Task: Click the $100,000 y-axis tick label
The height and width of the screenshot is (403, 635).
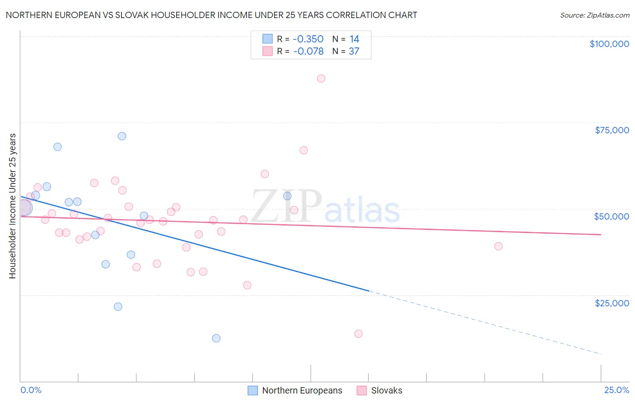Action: [x=609, y=44]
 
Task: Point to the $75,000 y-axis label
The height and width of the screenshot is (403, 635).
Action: [x=612, y=130]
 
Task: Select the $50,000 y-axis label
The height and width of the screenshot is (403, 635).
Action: [x=611, y=216]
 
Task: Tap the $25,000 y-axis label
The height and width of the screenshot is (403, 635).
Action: [x=612, y=303]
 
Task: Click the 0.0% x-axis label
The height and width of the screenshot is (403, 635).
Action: [x=31, y=390]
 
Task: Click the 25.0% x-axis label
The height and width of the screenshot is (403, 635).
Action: [x=616, y=390]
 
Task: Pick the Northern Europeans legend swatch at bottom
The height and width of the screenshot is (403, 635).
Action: [x=253, y=390]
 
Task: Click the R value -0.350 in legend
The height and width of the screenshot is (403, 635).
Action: [x=308, y=39]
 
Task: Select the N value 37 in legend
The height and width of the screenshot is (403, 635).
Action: [x=354, y=52]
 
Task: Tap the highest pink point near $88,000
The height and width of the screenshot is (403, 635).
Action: [x=321, y=79]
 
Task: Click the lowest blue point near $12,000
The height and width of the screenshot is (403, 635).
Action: [x=216, y=338]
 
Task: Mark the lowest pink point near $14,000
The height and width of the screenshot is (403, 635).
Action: [x=359, y=334]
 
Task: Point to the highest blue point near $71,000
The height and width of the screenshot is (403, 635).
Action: [x=122, y=136]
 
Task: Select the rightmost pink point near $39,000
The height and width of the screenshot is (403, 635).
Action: [x=499, y=246]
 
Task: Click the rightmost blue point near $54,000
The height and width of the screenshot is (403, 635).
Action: [x=287, y=196]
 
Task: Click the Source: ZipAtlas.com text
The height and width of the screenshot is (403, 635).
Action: [x=594, y=15]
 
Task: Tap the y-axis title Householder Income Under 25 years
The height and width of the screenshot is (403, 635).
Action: [x=13, y=206]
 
